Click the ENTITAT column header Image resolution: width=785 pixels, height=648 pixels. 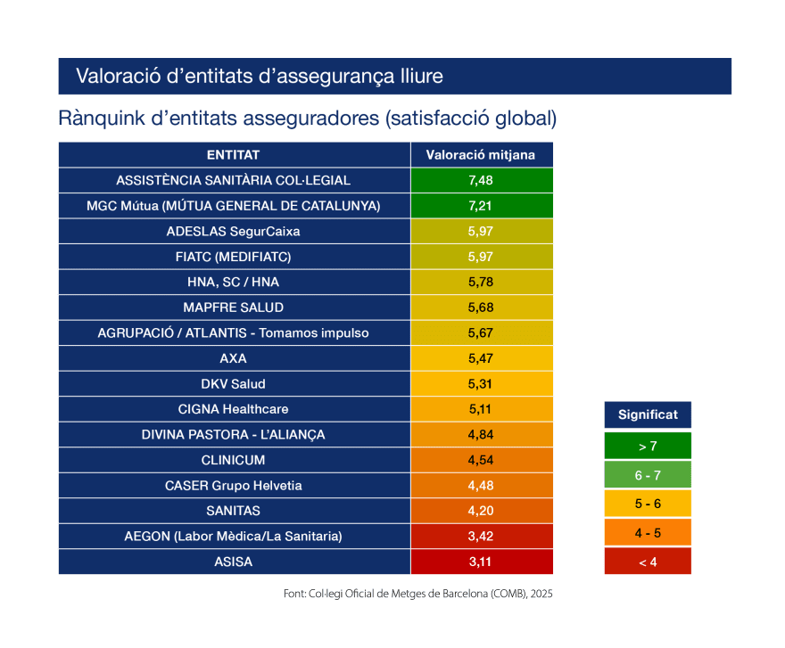(x=233, y=154)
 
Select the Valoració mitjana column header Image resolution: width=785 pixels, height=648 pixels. (x=481, y=154)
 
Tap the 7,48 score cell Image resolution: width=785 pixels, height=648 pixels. (x=481, y=180)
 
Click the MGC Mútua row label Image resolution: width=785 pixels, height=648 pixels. (x=233, y=206)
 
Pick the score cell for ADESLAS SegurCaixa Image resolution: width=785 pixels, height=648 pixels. (x=481, y=232)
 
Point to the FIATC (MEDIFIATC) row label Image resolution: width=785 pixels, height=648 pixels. (x=233, y=257)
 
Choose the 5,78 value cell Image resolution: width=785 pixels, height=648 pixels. (x=481, y=283)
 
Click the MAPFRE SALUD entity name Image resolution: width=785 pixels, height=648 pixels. (x=233, y=308)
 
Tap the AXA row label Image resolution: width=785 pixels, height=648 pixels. (x=233, y=358)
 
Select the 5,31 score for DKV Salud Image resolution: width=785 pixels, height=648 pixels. (x=481, y=384)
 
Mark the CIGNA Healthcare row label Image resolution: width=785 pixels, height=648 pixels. (x=233, y=409)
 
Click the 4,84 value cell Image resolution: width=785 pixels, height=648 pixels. (x=481, y=435)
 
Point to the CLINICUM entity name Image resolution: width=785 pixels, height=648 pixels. (x=233, y=460)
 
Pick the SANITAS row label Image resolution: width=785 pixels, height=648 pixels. (x=233, y=511)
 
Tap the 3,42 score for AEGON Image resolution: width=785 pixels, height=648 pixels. (x=481, y=537)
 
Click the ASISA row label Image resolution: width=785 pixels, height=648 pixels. (x=233, y=562)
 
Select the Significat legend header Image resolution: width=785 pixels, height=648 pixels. (x=648, y=414)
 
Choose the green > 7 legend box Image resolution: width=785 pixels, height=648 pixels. (x=648, y=446)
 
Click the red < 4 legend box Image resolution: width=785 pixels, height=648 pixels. (x=648, y=562)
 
